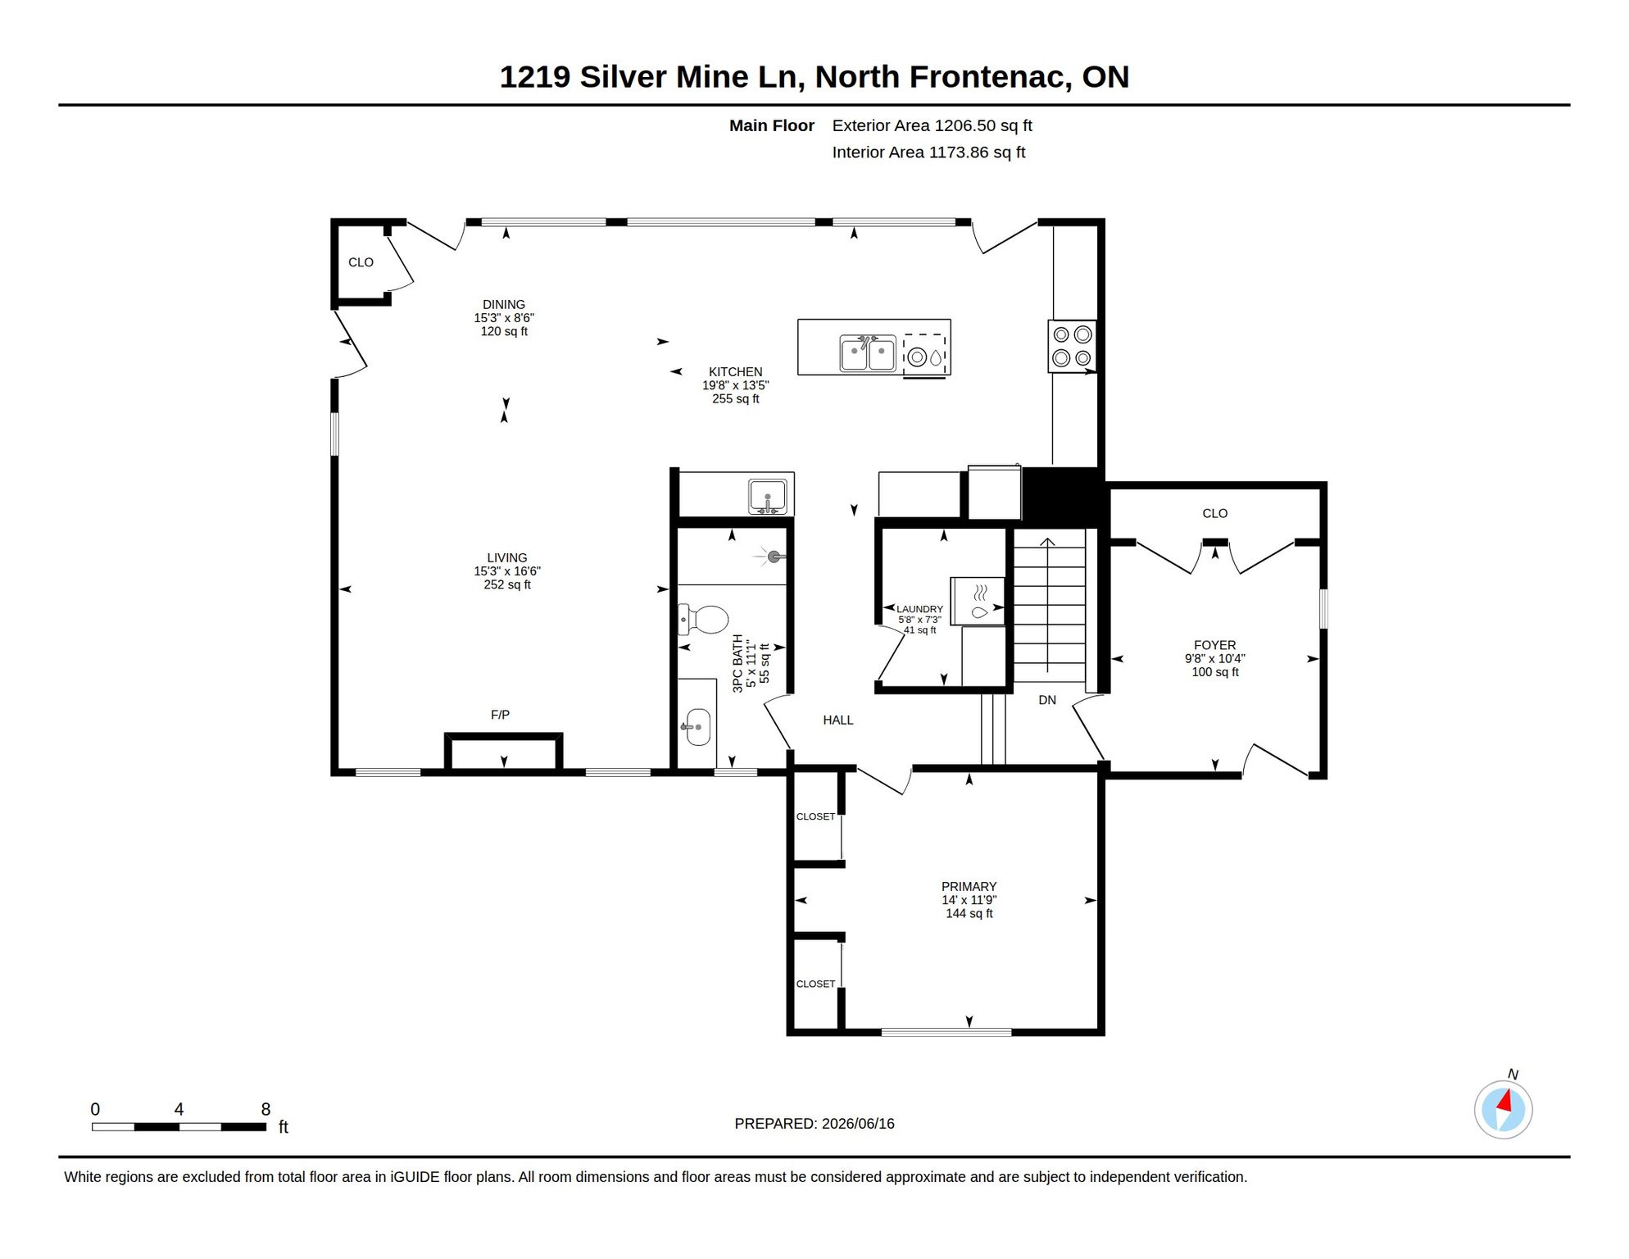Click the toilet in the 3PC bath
(x=703, y=620)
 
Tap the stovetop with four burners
(x=1072, y=346)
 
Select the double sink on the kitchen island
(x=868, y=353)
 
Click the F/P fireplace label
(x=500, y=715)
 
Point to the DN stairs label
(x=1047, y=700)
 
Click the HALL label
(x=838, y=720)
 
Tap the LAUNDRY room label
(x=919, y=609)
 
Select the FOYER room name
(x=1214, y=645)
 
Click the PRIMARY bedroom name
(x=969, y=886)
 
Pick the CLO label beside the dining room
(x=361, y=262)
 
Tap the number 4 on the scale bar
(x=179, y=1109)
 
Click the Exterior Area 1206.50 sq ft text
(x=932, y=125)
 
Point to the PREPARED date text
(x=814, y=1123)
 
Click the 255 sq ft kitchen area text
(x=735, y=399)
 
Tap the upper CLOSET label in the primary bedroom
(x=815, y=816)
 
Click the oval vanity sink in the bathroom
(x=697, y=727)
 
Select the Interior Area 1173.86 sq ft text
(x=928, y=152)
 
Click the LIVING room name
(x=506, y=557)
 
